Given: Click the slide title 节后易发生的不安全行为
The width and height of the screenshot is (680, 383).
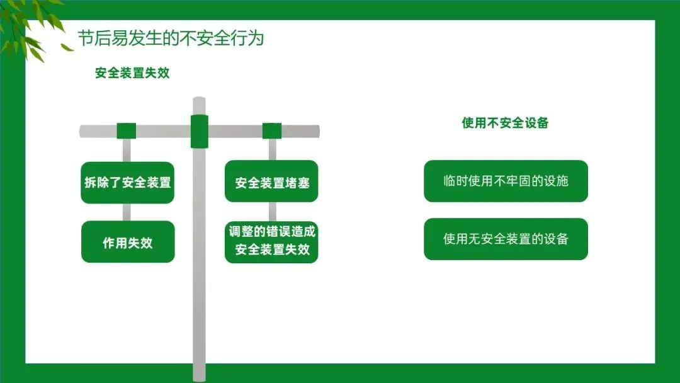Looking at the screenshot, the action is (171, 38).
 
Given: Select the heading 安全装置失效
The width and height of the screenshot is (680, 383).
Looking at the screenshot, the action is (132, 73).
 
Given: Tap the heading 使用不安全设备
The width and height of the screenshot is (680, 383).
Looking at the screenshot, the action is (505, 123).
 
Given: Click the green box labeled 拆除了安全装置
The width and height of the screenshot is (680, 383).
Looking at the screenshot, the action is (127, 183).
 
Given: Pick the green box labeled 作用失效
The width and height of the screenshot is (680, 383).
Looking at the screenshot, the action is (127, 243).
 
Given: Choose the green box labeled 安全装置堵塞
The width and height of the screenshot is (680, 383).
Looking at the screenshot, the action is (272, 183).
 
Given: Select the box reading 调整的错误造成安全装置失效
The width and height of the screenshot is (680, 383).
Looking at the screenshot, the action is (272, 241).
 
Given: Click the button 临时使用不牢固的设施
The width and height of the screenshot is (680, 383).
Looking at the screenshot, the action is (506, 181).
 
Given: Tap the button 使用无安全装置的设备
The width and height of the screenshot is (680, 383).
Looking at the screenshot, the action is (506, 239).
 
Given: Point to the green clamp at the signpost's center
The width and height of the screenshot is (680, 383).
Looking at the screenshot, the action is (200, 131).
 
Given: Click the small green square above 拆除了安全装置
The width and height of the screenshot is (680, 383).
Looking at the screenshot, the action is (127, 131).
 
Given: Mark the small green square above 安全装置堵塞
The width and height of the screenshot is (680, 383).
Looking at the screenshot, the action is (272, 131).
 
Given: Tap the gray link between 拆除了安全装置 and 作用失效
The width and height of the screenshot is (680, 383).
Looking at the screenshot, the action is (127, 212).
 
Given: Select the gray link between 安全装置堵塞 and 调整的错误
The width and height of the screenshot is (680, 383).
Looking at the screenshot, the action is (273, 212).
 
